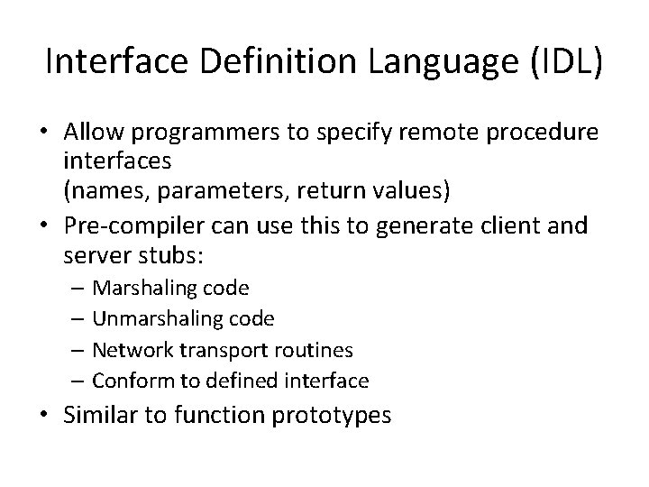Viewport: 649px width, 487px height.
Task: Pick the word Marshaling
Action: click(139, 288)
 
